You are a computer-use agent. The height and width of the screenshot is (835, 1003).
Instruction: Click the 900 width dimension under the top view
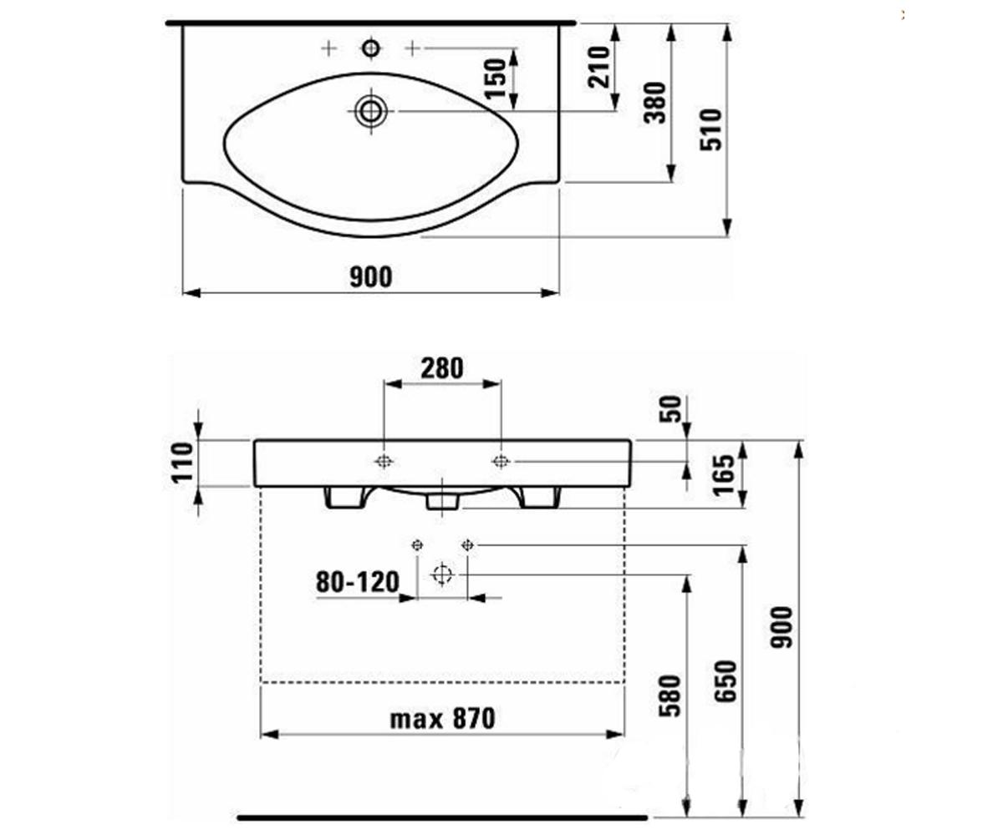(x=371, y=277)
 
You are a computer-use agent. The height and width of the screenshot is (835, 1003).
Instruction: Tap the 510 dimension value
(x=711, y=130)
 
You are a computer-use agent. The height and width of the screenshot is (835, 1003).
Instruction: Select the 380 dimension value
(x=655, y=103)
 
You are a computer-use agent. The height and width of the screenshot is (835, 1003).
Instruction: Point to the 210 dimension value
(x=599, y=67)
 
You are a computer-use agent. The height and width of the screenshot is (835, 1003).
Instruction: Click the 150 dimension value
(x=496, y=78)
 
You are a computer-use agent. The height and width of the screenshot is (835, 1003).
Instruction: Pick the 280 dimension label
(x=442, y=368)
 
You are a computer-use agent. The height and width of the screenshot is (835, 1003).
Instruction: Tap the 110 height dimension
(x=182, y=462)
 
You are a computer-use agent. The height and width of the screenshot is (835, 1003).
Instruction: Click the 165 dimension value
(x=724, y=475)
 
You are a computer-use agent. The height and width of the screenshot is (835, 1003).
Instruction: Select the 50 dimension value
(x=670, y=409)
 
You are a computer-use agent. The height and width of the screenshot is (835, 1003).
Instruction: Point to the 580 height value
(x=670, y=696)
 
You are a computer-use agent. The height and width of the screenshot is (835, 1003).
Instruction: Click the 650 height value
(x=726, y=682)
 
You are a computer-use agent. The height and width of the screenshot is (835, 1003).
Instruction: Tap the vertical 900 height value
(x=781, y=628)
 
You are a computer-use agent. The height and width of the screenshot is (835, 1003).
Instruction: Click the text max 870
(x=442, y=719)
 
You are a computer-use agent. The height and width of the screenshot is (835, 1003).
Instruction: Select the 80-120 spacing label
(x=358, y=582)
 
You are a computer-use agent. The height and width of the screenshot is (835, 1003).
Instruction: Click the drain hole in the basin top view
(x=370, y=111)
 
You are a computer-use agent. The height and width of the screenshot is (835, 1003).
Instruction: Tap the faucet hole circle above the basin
(x=370, y=48)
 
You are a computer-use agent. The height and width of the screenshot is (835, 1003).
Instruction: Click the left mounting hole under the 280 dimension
(x=384, y=462)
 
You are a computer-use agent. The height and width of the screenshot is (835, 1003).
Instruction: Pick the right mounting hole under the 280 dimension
(x=501, y=462)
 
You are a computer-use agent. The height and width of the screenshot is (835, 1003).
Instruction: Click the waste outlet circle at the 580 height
(x=442, y=574)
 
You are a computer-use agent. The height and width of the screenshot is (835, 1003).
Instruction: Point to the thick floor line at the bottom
(x=442, y=818)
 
